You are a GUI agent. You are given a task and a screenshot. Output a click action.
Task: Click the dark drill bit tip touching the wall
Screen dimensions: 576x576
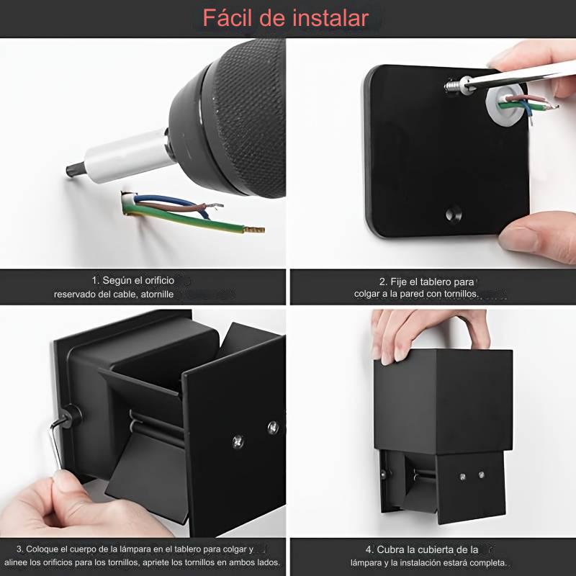click(x=72, y=170)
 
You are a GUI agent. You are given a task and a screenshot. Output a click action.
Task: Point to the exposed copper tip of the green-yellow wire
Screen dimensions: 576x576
click(x=254, y=230)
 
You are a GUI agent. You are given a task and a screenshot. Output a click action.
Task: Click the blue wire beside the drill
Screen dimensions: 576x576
click(x=173, y=201)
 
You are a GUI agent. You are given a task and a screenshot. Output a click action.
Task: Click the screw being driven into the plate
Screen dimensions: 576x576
click(x=452, y=85)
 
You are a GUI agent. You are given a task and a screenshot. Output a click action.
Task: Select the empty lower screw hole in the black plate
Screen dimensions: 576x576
click(x=452, y=214)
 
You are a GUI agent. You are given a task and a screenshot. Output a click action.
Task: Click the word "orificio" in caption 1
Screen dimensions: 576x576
click(x=155, y=280)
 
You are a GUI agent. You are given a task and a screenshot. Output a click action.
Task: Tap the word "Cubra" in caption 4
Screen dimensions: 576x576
click(x=399, y=549)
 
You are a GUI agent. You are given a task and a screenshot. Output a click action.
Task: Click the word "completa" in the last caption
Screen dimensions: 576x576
click(x=489, y=562)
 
